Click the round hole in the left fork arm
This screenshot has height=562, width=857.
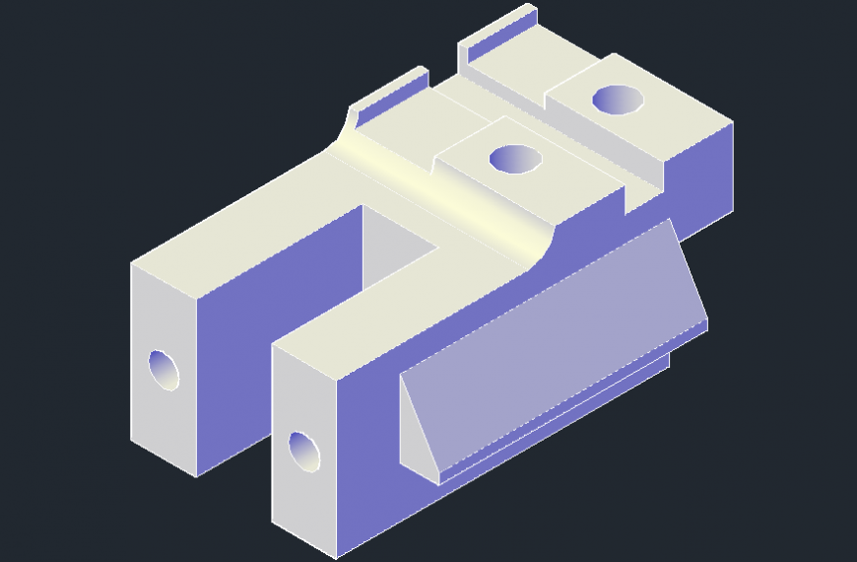pyautogui.click(x=165, y=369)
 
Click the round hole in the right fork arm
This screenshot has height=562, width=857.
pyautogui.click(x=304, y=452)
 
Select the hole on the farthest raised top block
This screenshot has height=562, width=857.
pyautogui.click(x=617, y=99)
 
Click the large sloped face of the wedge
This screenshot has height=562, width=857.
pyautogui.click(x=552, y=335)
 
